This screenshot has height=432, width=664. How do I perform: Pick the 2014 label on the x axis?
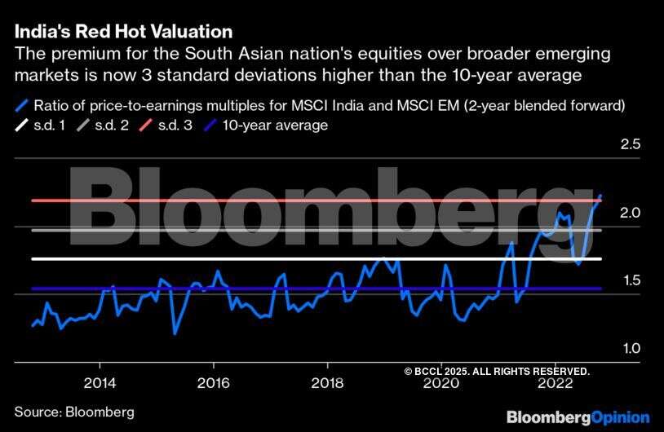[99, 382]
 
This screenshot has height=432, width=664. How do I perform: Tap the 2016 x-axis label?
[213, 382]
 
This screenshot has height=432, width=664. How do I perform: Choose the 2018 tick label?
[327, 382]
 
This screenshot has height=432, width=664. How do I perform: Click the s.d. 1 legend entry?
[50, 125]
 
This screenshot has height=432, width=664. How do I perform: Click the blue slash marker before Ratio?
[21, 105]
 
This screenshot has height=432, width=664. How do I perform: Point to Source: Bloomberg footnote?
[74, 412]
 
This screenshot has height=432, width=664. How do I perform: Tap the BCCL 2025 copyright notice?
[496, 371]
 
